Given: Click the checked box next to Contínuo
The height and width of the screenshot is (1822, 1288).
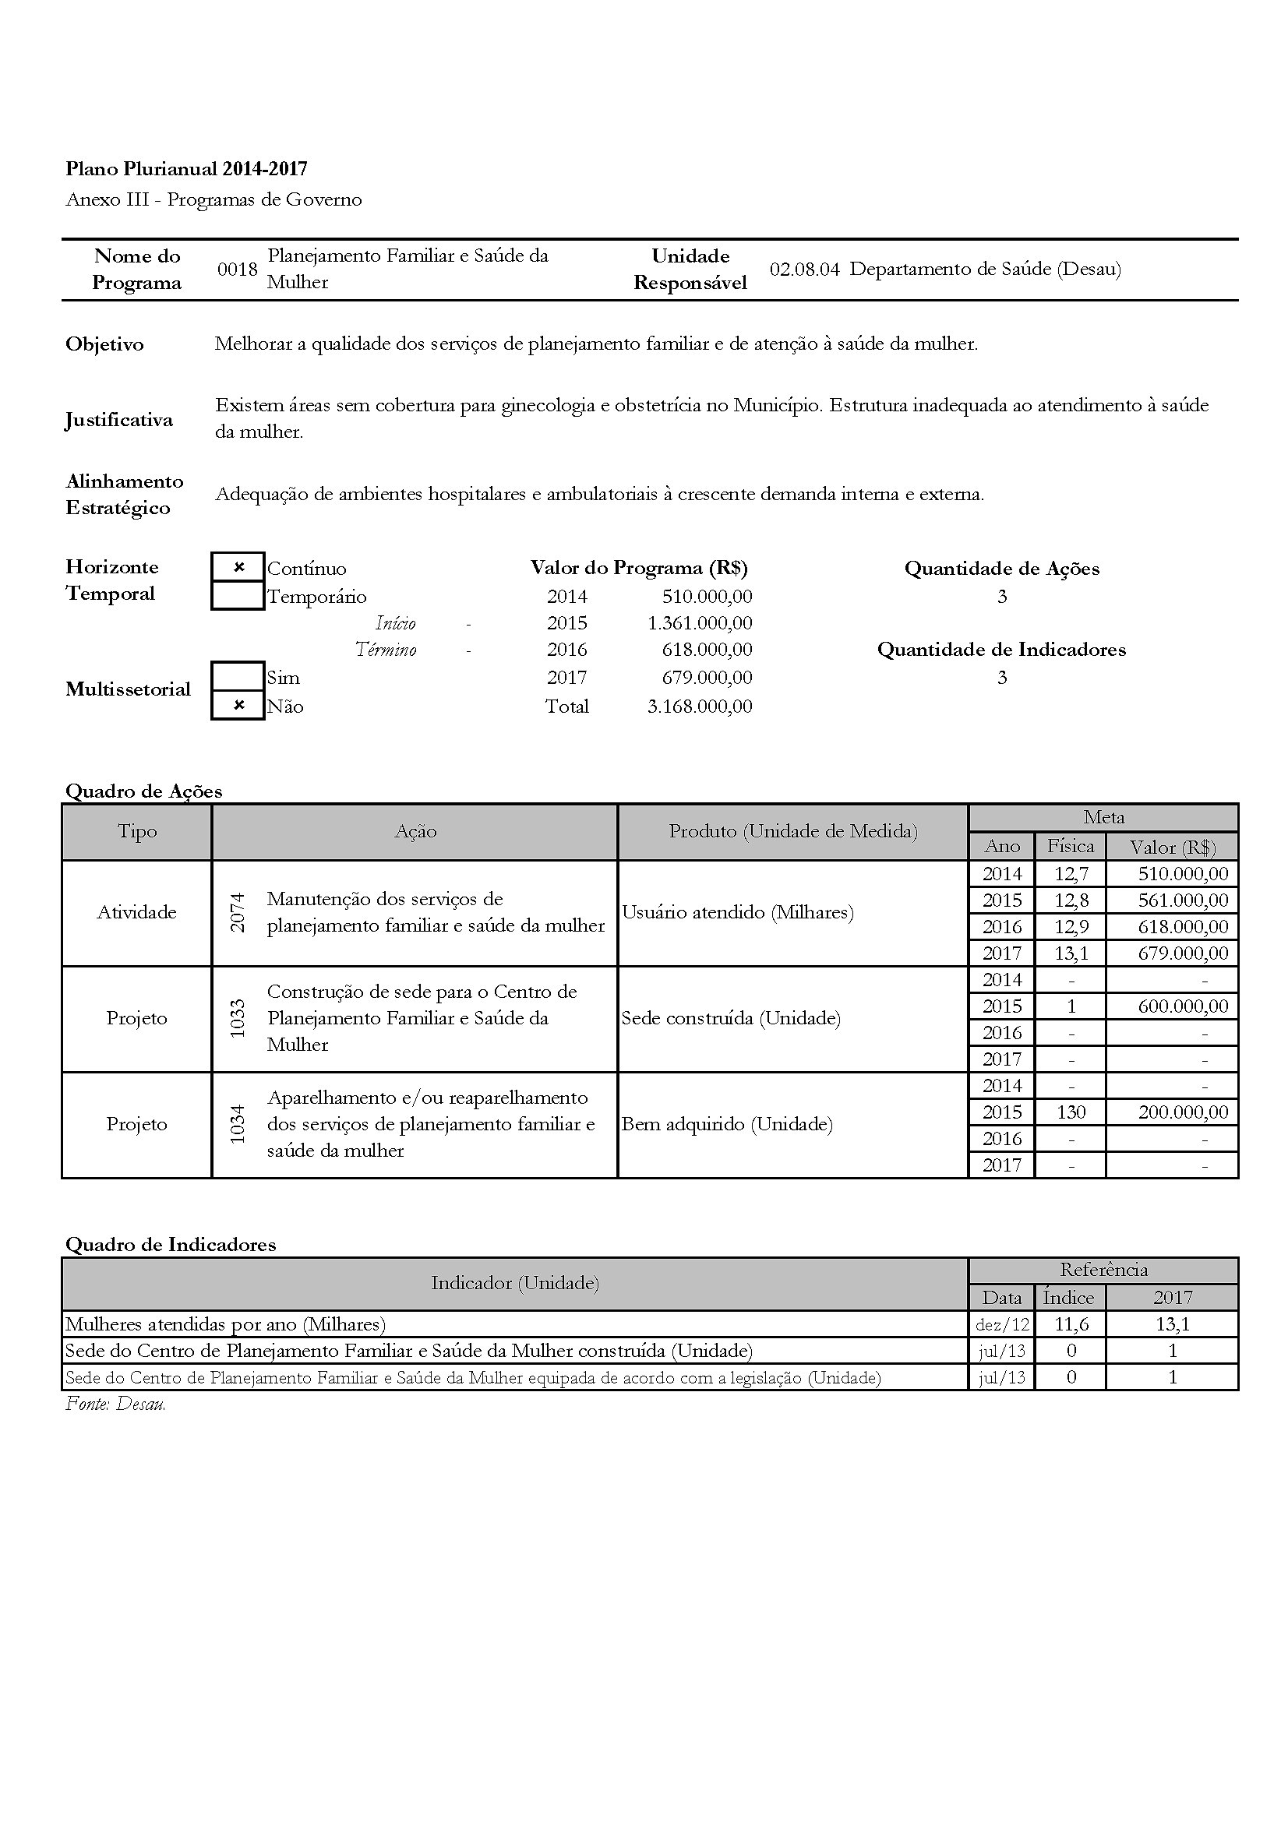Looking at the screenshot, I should [238, 567].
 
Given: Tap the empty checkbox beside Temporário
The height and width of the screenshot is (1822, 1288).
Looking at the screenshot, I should [238, 596].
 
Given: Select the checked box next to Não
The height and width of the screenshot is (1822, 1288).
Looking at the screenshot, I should [238, 706].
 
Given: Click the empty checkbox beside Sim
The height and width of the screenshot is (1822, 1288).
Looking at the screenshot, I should [238, 677].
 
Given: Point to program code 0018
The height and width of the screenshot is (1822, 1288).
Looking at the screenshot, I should [238, 269].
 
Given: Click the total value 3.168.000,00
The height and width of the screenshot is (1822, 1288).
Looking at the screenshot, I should [699, 707].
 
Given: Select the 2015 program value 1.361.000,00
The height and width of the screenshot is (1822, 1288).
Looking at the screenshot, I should [699, 623].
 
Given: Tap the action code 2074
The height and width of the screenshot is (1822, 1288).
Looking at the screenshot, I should [238, 913].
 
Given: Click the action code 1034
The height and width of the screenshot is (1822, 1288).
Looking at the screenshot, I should [238, 1125].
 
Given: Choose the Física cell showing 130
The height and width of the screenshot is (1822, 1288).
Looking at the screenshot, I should [1071, 1112].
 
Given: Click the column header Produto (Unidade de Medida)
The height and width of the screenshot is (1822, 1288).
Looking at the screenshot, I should [792, 831].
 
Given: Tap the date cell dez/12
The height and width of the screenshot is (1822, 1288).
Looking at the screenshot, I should [1001, 1323].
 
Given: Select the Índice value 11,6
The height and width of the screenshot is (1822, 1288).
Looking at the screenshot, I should [1071, 1323].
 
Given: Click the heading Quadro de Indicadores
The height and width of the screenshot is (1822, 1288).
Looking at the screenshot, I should [171, 1244].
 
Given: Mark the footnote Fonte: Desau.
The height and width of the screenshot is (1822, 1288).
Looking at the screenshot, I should [116, 1404].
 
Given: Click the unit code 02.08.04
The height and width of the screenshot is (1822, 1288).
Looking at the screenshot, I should [804, 269].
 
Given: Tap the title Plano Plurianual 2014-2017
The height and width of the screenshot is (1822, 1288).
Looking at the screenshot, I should [186, 168].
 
